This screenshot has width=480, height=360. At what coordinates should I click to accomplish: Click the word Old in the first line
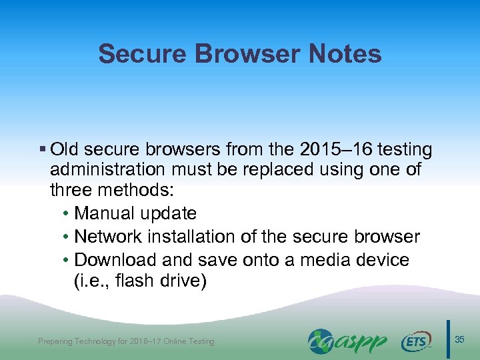(65, 149)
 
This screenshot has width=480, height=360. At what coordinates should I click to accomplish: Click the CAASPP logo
(347, 341)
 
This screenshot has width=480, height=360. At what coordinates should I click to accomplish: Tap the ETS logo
(416, 341)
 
